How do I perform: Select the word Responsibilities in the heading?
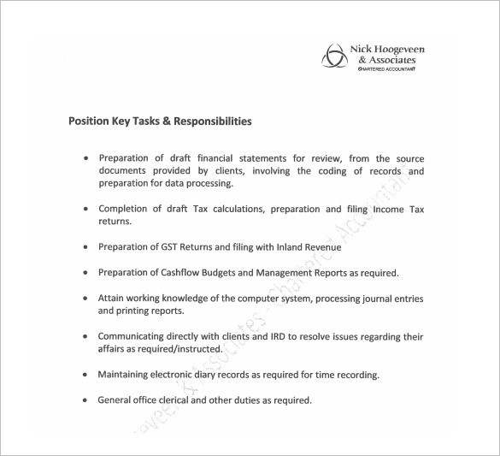(x=213, y=121)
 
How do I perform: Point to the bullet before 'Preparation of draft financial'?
(x=86, y=159)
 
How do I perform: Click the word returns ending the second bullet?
(x=115, y=221)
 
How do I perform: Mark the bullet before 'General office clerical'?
(x=85, y=400)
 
